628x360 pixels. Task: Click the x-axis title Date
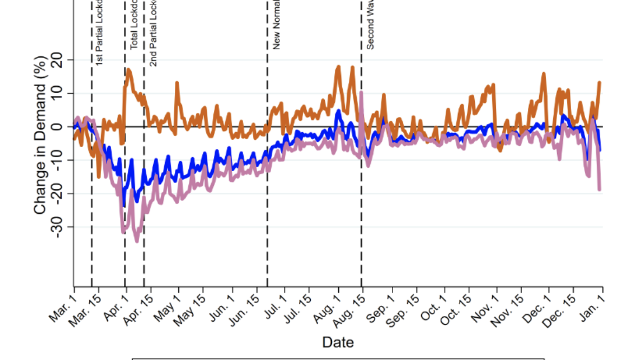pyautogui.click(x=338, y=342)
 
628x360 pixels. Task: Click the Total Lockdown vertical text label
pyautogui.click(x=134, y=25)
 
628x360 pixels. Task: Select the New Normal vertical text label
pyautogui.click(x=276, y=25)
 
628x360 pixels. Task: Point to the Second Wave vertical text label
pyautogui.click(x=370, y=25)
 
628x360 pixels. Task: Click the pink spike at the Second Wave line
pyautogui.click(x=361, y=93)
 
